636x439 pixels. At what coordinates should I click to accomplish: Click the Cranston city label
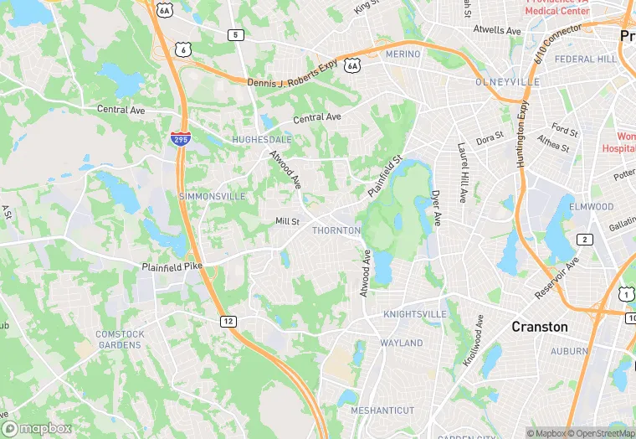539,327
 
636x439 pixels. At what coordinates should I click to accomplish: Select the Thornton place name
336,230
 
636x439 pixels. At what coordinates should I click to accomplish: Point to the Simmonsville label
212,196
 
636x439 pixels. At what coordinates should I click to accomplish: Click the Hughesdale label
262,139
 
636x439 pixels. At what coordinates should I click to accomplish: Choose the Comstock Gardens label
120,339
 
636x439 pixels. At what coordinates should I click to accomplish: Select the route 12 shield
228,321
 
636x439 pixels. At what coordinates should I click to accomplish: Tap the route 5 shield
236,34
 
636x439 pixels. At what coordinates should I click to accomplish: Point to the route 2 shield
585,240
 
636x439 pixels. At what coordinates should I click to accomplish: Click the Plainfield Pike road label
173,266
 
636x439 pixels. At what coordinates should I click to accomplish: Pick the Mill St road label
287,221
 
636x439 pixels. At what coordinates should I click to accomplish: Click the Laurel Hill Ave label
461,173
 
